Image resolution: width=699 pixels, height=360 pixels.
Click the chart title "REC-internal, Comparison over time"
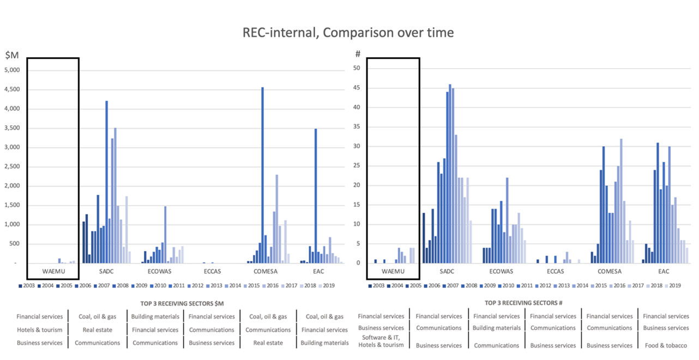tap(348, 33)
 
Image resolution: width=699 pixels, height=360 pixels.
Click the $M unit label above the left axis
tap(12, 55)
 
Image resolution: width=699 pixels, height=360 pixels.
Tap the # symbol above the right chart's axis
tap(358, 54)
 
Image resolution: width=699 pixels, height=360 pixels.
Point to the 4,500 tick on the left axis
tap(11, 90)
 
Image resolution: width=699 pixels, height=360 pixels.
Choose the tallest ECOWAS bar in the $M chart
tap(165, 234)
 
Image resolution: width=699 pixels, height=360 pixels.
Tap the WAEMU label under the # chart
tap(393, 271)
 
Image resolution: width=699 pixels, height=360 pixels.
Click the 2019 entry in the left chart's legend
tap(328, 285)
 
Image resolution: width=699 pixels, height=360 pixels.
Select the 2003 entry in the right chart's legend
tap(383, 285)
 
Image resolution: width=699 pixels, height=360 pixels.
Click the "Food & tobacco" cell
tap(665, 345)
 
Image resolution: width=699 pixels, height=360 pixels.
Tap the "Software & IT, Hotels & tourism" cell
tap(381, 341)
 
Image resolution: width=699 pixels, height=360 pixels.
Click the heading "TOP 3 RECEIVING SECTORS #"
tap(522, 303)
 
